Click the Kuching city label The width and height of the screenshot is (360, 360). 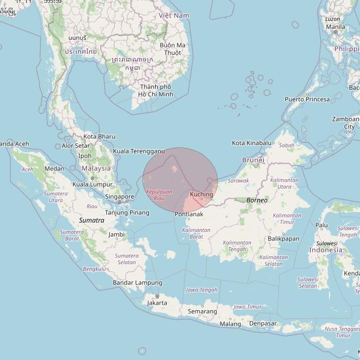(x=201, y=194)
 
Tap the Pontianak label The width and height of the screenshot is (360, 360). (x=189, y=214)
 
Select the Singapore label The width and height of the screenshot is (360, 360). (x=120, y=197)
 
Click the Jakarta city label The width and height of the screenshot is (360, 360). (x=157, y=303)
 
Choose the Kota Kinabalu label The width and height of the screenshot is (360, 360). (x=252, y=143)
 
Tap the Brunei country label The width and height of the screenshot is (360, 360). (x=254, y=160)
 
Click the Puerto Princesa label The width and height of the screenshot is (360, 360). (x=307, y=100)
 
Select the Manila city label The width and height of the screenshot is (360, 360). (x=336, y=27)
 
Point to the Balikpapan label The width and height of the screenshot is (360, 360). (x=283, y=239)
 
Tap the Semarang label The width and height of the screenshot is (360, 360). (x=202, y=311)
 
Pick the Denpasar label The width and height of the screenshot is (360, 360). (x=263, y=323)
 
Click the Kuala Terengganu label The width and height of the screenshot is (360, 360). (x=138, y=151)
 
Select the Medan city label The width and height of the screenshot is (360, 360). (x=54, y=169)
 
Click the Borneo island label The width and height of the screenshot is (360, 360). (x=256, y=200)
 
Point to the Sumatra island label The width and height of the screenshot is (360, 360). (x=91, y=220)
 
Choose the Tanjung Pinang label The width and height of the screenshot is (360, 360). (x=127, y=213)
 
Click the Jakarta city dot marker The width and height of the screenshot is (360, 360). (x=157, y=296)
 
